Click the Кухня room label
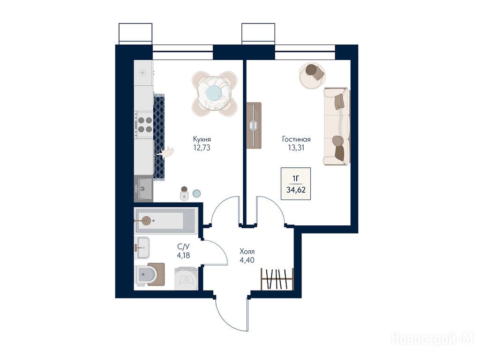(x=202, y=139)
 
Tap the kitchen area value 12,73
(x=202, y=148)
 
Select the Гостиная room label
(x=296, y=139)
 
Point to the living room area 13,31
(x=296, y=148)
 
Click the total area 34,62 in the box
(x=296, y=190)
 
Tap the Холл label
(x=247, y=252)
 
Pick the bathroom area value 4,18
(x=183, y=255)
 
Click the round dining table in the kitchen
(x=214, y=93)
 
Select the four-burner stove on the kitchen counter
(x=144, y=125)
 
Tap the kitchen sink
(x=143, y=188)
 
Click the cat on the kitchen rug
(x=165, y=152)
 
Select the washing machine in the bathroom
(x=186, y=278)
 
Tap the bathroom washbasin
(x=142, y=247)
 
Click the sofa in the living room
(x=337, y=126)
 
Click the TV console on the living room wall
(x=254, y=126)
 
